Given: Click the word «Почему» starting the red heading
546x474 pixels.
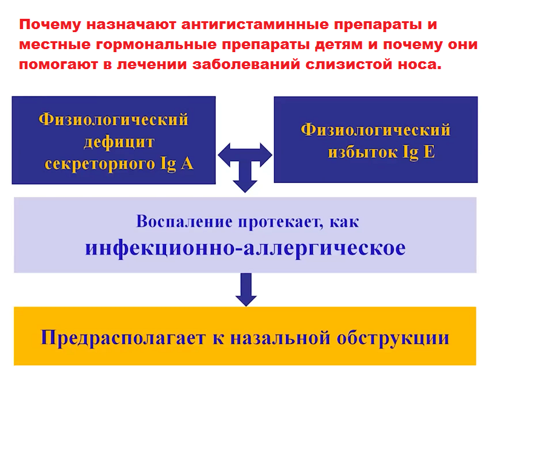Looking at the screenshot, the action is [x=50, y=25].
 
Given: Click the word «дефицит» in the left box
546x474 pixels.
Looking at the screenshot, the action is [x=119, y=142].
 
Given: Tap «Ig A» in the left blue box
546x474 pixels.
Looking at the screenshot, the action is [x=176, y=163].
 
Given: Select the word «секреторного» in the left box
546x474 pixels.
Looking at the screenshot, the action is [x=100, y=164].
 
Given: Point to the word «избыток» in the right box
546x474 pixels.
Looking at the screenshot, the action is [x=362, y=153].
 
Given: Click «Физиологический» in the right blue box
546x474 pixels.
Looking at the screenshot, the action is [x=376, y=130].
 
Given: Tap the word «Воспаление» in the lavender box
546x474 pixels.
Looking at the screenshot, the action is [x=184, y=222].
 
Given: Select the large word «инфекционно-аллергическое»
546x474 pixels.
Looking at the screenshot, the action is [x=245, y=249].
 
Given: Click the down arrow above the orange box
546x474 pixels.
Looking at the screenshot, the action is [x=246, y=290].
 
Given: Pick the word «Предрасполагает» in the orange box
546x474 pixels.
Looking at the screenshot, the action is [x=123, y=338].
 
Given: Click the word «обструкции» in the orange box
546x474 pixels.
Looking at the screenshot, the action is [x=393, y=338].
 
